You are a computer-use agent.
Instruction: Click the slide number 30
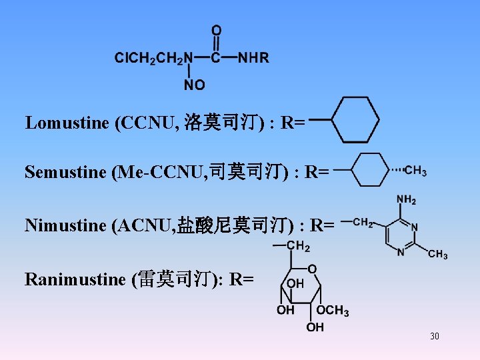click(x=435, y=336)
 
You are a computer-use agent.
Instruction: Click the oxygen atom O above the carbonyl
click(x=217, y=31)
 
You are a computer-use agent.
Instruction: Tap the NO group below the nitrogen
click(x=194, y=85)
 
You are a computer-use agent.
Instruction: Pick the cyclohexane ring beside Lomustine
click(x=355, y=120)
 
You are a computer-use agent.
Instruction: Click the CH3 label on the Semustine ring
click(x=416, y=171)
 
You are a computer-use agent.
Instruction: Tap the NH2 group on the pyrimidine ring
click(x=406, y=200)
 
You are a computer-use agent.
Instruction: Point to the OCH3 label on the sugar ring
click(x=333, y=311)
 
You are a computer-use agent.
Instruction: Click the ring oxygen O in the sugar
click(x=312, y=268)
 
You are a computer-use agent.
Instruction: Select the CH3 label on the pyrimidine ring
click(x=437, y=254)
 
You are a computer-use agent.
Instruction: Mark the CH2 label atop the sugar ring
click(x=298, y=247)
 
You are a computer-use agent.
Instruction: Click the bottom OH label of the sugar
click(x=315, y=327)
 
